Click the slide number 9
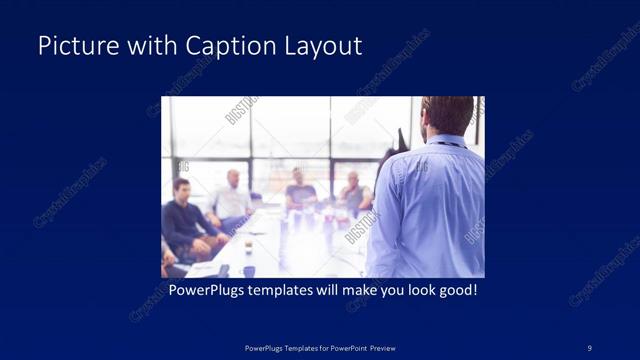[x=590, y=347]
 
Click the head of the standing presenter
[x=447, y=115]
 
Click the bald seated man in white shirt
[x=232, y=197]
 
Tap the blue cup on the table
[x=248, y=271]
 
